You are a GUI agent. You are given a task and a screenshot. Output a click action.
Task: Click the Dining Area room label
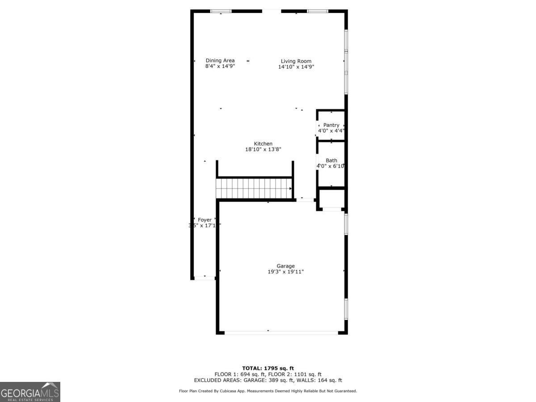(x=220, y=61)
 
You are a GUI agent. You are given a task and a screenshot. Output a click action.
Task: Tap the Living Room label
(x=296, y=61)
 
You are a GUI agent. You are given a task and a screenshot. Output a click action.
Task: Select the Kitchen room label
(x=263, y=143)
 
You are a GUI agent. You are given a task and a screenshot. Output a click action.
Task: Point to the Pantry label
(x=331, y=125)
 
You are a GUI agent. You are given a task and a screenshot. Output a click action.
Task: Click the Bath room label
(x=331, y=160)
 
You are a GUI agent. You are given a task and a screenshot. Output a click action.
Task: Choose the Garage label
(x=285, y=266)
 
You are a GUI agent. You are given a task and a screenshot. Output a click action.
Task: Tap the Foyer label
(x=205, y=220)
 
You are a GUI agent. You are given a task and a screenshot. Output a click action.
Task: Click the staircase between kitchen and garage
(x=254, y=188)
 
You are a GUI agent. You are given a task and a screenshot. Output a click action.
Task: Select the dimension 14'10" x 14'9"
(x=296, y=67)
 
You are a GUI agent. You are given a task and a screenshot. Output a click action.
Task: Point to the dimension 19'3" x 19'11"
(x=285, y=272)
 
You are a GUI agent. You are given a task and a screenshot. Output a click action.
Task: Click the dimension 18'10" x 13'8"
(x=263, y=149)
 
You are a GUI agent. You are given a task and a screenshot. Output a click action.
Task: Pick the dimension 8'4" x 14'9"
(x=220, y=66)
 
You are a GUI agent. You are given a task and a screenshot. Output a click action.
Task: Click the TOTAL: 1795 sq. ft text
(x=268, y=368)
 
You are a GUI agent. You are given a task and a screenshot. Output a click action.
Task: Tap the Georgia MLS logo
(x=30, y=392)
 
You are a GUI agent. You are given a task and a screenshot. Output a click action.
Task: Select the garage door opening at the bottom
(x=281, y=332)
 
